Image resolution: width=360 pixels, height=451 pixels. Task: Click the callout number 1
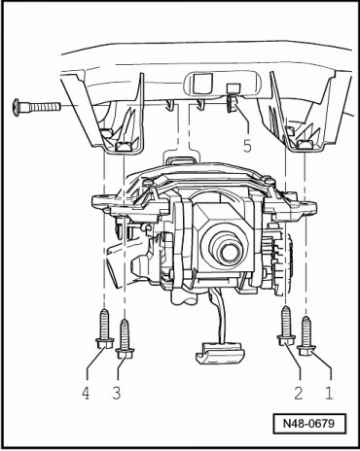click(329, 393)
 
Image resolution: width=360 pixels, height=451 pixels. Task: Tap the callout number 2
click(298, 393)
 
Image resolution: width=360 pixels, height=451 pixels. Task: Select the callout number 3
click(117, 393)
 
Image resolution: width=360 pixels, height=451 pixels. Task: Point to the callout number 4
click(86, 393)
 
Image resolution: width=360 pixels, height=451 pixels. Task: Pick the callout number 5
click(247, 146)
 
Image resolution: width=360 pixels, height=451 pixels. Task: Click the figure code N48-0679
click(308, 423)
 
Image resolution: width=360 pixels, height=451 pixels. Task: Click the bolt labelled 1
click(306, 336)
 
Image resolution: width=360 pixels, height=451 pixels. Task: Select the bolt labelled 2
click(286, 326)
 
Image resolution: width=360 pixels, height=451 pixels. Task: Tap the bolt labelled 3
click(125, 339)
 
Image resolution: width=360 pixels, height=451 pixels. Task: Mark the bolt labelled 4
click(104, 329)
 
